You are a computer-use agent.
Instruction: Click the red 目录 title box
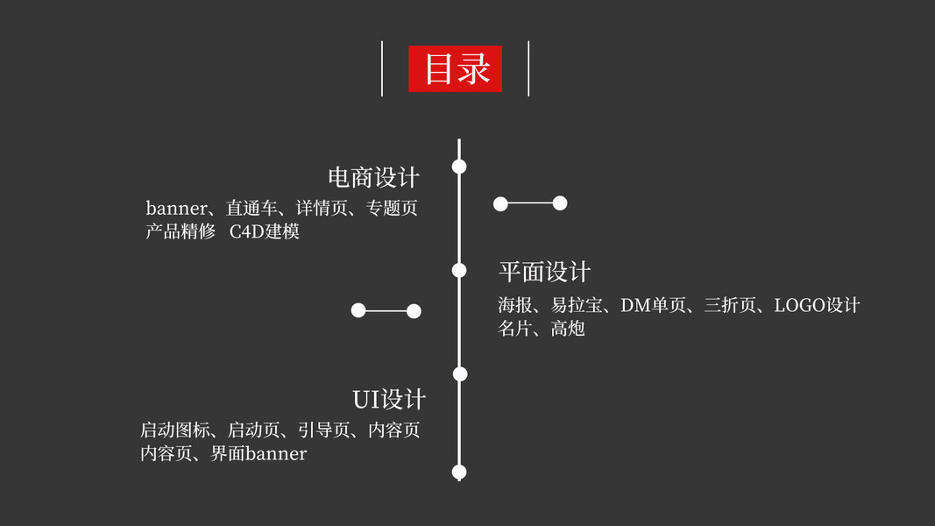pos(455,68)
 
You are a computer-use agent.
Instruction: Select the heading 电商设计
pos(374,178)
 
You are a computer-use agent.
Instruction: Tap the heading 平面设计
pos(544,272)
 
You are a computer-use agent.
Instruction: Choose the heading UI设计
pos(389,400)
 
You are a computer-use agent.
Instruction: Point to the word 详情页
pos(322,209)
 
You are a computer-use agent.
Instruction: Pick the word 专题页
pos(392,209)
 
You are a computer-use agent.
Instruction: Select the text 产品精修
pos(181,232)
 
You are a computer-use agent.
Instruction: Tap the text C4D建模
pos(265,232)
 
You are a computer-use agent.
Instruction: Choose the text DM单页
pos(653,305)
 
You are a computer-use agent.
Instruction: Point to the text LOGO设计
pos(817,305)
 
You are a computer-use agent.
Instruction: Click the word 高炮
pos(568,329)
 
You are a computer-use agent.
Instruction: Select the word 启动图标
pos(175,430)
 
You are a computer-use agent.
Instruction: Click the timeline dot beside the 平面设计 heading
pos(459,270)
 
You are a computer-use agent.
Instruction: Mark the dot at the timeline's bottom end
pos(459,473)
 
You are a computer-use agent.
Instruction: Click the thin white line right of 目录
pos(528,68)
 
